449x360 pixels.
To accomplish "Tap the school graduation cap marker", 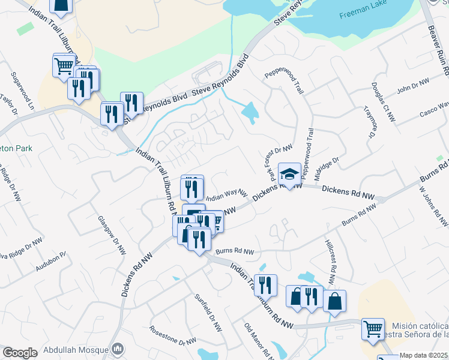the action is pyautogui.click(x=289, y=175).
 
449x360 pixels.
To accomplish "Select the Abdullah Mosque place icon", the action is pyautogui.click(x=118, y=349).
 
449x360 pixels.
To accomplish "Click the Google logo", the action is pyautogui.click(x=19, y=353).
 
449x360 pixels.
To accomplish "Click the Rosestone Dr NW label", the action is pyautogui.click(x=172, y=335).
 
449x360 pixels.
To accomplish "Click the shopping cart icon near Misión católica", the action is pyautogui.click(x=373, y=328).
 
